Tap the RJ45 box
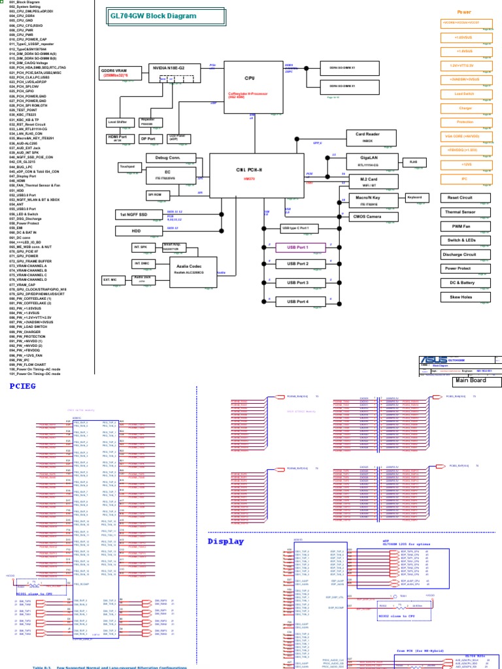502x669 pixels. (412, 161)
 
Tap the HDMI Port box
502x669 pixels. (118, 138)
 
